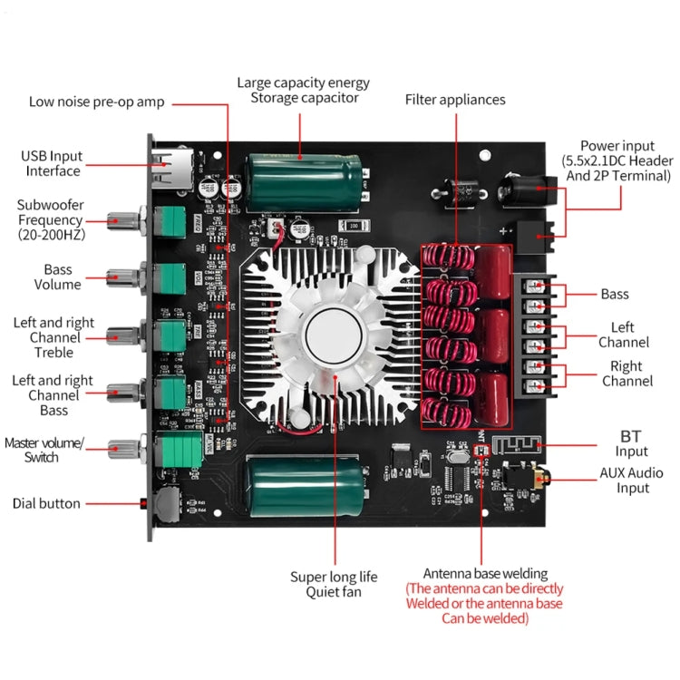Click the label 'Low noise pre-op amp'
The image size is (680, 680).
click(x=96, y=102)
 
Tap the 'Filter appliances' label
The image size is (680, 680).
click(x=455, y=100)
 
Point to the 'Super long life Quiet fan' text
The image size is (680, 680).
click(x=334, y=585)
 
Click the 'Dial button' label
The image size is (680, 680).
click(x=46, y=503)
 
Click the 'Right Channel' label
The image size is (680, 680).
click(x=627, y=374)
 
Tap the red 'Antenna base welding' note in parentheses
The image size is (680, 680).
click(x=484, y=603)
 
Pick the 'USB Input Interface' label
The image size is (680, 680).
click(x=53, y=164)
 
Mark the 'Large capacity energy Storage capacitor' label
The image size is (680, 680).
click(x=305, y=90)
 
